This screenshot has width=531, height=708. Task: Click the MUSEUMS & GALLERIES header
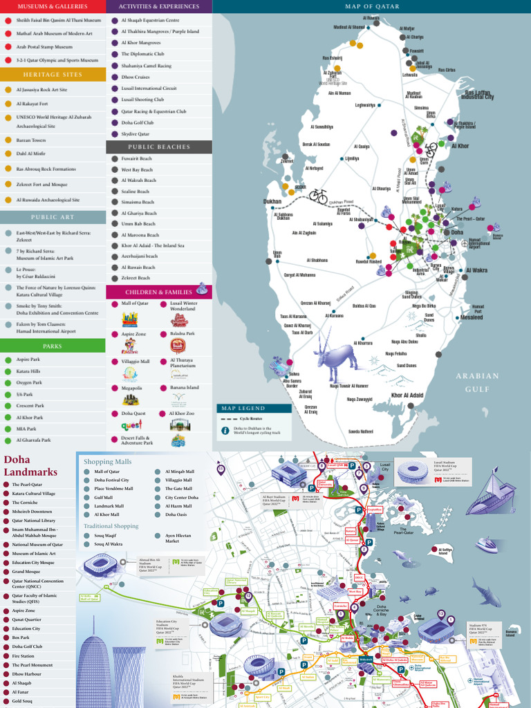53,6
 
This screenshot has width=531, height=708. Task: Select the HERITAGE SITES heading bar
53,74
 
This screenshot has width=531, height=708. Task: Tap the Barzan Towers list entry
31,140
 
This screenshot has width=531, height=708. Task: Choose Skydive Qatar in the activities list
135,133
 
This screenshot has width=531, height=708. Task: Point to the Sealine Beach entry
135,192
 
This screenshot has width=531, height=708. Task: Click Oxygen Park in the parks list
29,382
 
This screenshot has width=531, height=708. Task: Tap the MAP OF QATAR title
371,6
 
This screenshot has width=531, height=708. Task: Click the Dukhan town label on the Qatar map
272,202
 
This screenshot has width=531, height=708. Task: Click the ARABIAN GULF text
476,382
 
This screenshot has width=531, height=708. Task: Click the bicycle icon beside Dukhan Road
318,196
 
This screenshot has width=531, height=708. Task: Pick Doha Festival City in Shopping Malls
111,480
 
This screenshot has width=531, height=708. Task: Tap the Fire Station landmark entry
23,656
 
